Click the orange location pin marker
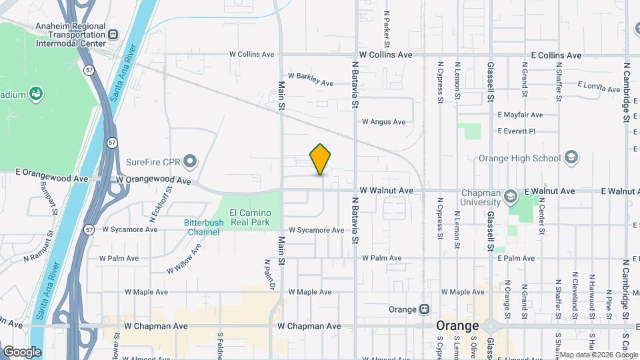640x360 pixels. click(x=321, y=159)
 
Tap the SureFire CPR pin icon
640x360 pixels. click(x=191, y=161)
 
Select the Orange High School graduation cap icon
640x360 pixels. click(x=571, y=158)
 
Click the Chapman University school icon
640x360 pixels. click(x=511, y=196)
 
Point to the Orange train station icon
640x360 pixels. click(x=424, y=309)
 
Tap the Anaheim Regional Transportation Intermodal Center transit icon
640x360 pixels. click(x=113, y=34)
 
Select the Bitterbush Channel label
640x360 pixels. click(x=203, y=227)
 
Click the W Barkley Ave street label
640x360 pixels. click(x=310, y=79)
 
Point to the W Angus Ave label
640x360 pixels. click(x=383, y=122)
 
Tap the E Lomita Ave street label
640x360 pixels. click(x=599, y=86)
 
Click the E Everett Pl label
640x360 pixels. click(x=517, y=131)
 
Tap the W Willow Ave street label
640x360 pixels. click(x=184, y=259)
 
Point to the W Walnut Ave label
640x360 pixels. click(x=387, y=191)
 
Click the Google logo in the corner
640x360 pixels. click(x=22, y=351)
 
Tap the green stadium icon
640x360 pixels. click(x=36, y=94)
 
